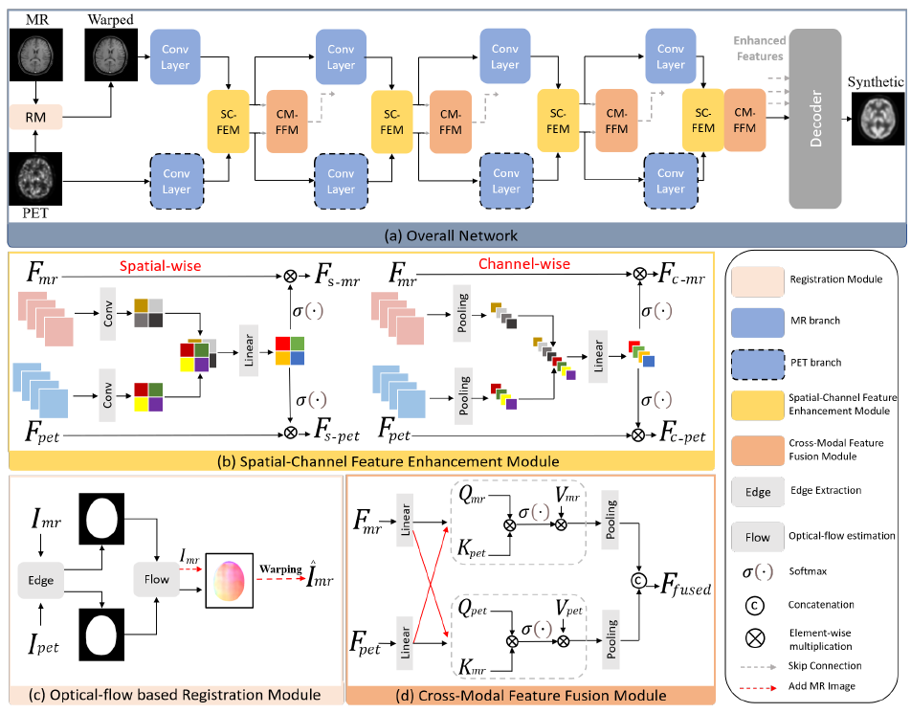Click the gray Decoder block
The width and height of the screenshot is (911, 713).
(x=813, y=119)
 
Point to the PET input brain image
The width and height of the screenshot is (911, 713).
(x=33, y=177)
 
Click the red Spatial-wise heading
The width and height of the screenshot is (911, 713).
(x=174, y=265)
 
